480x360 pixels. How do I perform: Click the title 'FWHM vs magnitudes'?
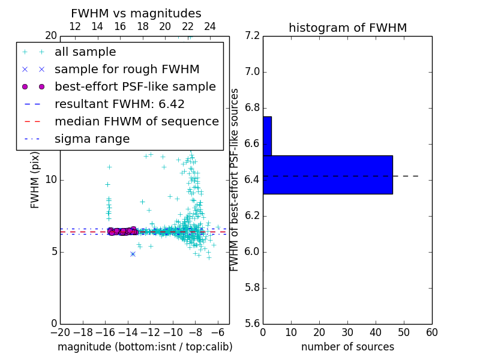(x=136, y=13)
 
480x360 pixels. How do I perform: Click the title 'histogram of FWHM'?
(x=347, y=28)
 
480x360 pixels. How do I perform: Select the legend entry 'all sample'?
(x=85, y=52)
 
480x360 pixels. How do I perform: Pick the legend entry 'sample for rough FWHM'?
(x=127, y=70)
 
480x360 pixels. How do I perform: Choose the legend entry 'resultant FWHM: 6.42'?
(x=119, y=104)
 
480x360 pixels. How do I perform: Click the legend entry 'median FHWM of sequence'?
(x=136, y=122)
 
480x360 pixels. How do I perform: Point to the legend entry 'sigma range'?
(x=92, y=139)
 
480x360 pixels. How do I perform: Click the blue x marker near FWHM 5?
(x=133, y=254)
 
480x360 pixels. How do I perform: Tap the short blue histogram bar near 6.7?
(x=267, y=136)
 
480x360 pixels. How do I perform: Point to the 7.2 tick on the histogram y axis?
(x=252, y=36)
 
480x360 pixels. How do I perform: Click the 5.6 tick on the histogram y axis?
(x=252, y=323)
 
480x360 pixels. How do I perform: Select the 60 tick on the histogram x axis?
(x=431, y=332)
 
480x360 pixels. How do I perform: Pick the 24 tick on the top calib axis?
(x=210, y=26)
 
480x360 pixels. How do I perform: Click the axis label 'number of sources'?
(x=347, y=347)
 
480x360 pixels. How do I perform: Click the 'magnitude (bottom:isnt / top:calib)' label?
(x=145, y=347)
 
